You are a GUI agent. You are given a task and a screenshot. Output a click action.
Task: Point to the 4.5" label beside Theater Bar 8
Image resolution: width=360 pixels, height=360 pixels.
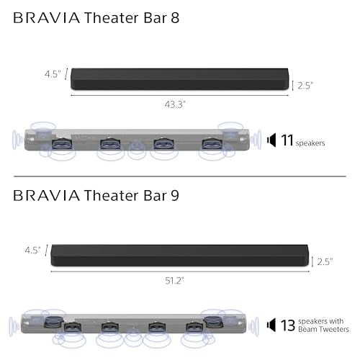pyautogui.click(x=53, y=73)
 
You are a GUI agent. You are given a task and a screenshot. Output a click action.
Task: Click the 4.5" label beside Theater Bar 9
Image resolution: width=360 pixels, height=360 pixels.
pyautogui.click(x=32, y=251)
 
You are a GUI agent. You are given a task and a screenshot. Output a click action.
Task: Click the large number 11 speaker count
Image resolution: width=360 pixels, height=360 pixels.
pyautogui.click(x=287, y=140)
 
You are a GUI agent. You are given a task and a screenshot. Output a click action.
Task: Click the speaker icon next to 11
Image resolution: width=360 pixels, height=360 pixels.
pyautogui.click(x=271, y=140)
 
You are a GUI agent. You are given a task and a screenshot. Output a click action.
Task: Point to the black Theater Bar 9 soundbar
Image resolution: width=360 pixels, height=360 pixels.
pyautogui.click(x=179, y=256)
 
